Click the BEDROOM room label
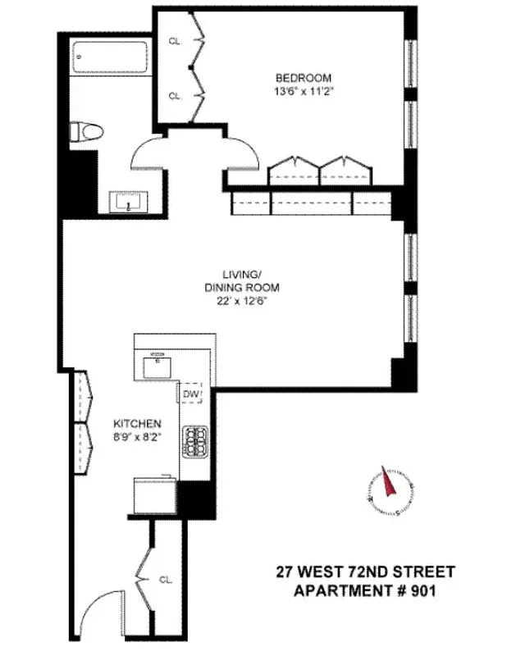coord(304,78)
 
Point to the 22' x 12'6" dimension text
coord(243,301)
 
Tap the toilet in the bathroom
coord(85,131)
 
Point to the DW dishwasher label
coord(191,395)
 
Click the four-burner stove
coord(197,442)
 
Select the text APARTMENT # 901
coord(357,589)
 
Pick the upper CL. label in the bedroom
coord(175,39)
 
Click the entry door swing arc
coord(108,603)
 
